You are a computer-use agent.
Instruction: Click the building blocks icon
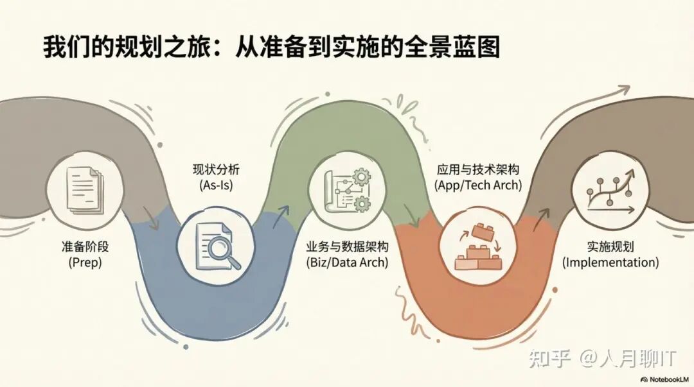pos(476,248)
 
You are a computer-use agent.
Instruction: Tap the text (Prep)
pos(83,262)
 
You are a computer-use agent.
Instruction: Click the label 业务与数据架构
pos(347,247)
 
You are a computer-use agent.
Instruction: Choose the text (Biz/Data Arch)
pos(347,262)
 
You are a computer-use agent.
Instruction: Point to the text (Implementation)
pos(610,262)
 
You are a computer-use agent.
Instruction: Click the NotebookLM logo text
pos(663,379)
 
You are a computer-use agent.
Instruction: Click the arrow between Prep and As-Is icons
pos(153,221)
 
